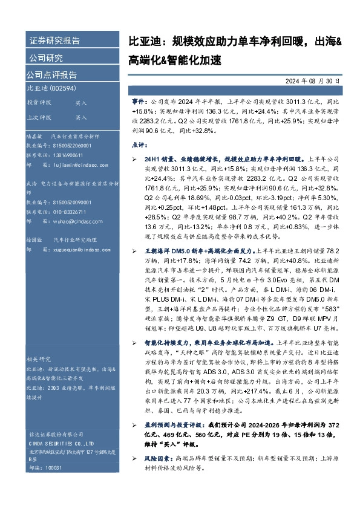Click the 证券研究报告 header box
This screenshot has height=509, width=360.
pyautogui.click(x=56, y=41)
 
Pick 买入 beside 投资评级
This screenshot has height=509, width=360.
pyautogui.click(x=81, y=103)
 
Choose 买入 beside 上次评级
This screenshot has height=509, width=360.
pyautogui.click(x=81, y=117)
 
